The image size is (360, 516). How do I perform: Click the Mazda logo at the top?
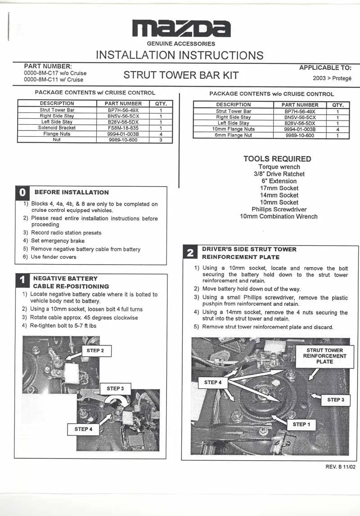click(x=181, y=29)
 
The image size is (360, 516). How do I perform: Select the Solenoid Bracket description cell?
click(x=57, y=128)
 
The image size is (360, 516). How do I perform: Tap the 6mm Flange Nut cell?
click(x=233, y=135)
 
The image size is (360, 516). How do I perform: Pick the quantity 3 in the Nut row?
click(x=161, y=140)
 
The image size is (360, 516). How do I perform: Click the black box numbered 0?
click(x=22, y=193)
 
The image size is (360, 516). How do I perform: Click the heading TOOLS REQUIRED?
click(x=277, y=159)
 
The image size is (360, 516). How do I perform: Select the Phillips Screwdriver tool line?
click(x=279, y=209)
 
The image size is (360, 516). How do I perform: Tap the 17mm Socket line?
click(x=279, y=188)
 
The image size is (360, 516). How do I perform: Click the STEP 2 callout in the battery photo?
click(x=95, y=350)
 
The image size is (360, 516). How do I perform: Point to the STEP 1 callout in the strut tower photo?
click(x=301, y=424)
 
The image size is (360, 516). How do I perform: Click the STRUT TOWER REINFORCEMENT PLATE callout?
click(x=324, y=356)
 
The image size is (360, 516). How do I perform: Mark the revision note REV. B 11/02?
click(x=341, y=467)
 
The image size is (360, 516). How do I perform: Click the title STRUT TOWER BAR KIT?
click(x=181, y=75)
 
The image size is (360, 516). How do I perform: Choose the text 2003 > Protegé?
click(x=332, y=78)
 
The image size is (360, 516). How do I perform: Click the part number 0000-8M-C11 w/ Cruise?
click(x=54, y=80)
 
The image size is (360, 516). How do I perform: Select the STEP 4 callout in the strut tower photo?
click(x=213, y=382)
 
